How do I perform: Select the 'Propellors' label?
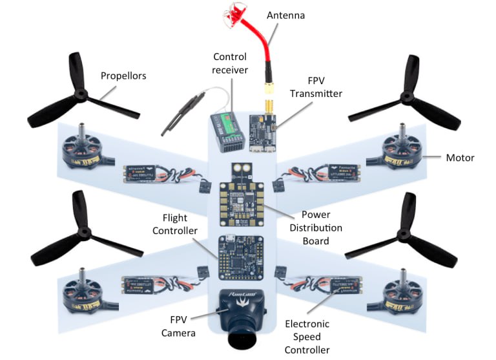coord(123,76)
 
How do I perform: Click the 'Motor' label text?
coord(460,158)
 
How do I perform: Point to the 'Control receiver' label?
coord(230,63)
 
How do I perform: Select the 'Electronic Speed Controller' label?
coord(307,337)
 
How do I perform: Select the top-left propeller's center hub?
coord(80,96)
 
